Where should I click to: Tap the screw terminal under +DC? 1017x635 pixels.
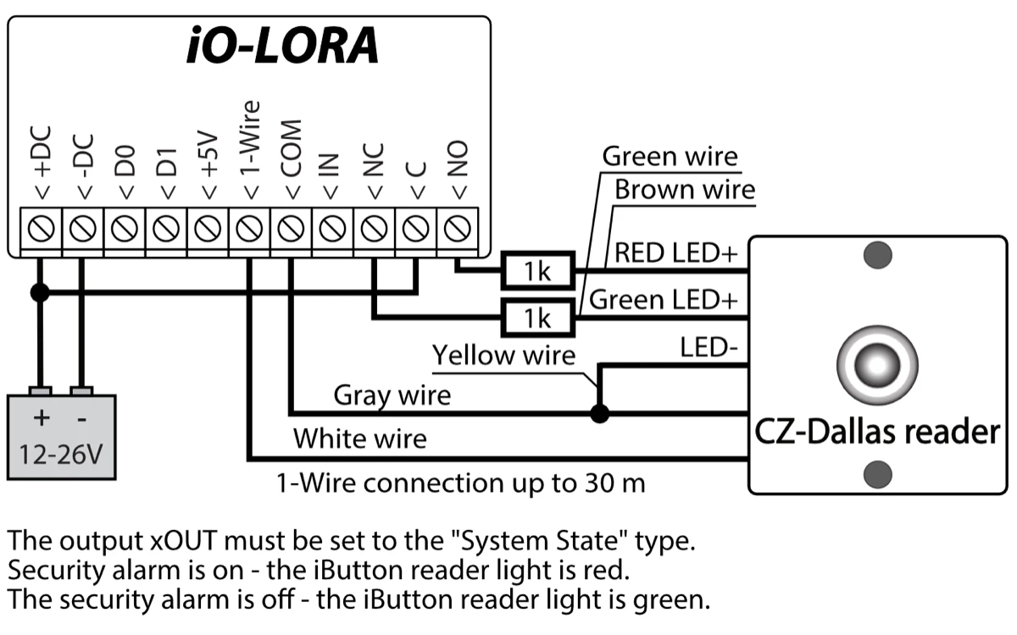(x=41, y=228)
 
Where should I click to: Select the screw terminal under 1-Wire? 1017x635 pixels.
(x=248, y=228)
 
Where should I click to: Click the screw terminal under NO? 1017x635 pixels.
(x=457, y=228)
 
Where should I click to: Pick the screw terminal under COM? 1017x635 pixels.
(x=290, y=228)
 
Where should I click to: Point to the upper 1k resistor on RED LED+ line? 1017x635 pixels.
(x=536, y=271)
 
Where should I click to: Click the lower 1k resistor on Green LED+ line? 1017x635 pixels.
(x=536, y=317)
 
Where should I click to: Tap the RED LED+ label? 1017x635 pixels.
(x=676, y=253)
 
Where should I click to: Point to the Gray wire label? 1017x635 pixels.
(x=392, y=394)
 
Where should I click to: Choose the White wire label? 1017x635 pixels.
(x=360, y=438)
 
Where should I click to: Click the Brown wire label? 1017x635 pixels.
(x=684, y=189)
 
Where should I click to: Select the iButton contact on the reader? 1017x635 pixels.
(x=877, y=366)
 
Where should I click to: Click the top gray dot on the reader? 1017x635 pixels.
(x=877, y=253)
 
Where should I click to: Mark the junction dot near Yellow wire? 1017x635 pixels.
(x=600, y=415)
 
